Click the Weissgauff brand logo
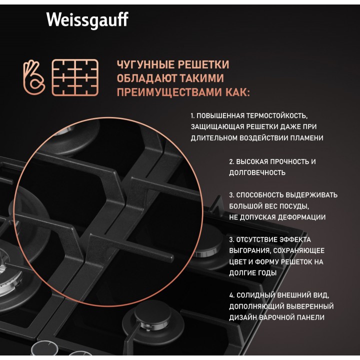pyautogui.click(x=87, y=20)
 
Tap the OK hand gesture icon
pyautogui.click(x=34, y=77)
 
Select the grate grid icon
pyautogui.click(x=75, y=77)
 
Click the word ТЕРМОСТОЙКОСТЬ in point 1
pyautogui.click(x=276, y=115)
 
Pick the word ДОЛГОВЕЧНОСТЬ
pyautogui.click(x=257, y=172)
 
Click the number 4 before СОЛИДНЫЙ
pyautogui.click(x=231, y=295)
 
